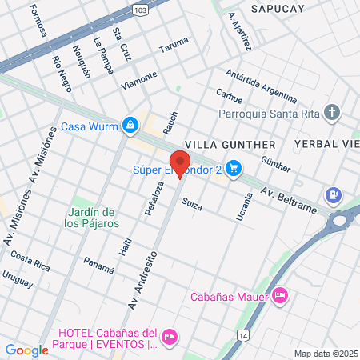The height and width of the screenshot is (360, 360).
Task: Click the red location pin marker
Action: (x=180, y=162)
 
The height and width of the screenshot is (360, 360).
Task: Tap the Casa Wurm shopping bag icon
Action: (x=130, y=126)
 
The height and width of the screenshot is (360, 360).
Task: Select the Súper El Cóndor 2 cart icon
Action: (x=234, y=168)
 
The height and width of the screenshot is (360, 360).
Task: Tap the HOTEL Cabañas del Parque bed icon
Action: (x=169, y=338)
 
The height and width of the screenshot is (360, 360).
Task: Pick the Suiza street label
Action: (x=192, y=206)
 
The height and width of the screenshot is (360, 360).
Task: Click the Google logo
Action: (x=26, y=350)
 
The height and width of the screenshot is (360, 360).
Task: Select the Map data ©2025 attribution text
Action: (x=326, y=354)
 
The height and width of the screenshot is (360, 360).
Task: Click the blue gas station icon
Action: (x=334, y=194)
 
